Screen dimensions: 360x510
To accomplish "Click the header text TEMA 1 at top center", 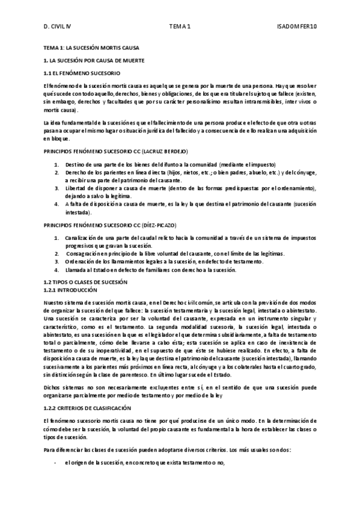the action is tap(179, 26).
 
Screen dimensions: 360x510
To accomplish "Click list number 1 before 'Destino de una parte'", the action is tap(56, 165).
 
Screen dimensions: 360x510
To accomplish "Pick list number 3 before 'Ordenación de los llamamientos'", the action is tap(56, 262).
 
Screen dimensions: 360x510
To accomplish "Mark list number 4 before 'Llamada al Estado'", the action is tap(56, 270).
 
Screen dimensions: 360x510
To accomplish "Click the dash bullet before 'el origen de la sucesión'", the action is tap(56, 462).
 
